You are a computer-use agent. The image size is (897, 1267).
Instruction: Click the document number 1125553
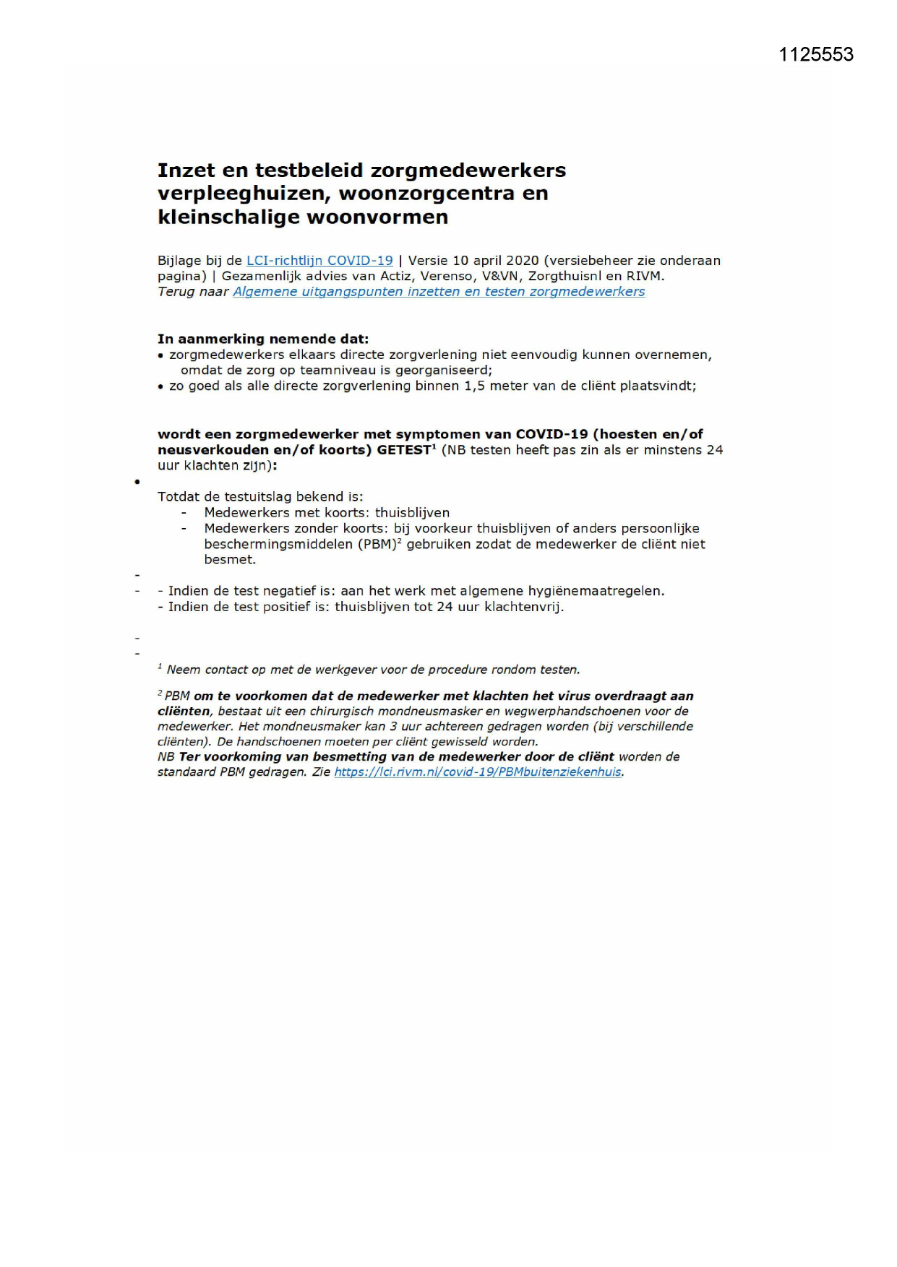[x=816, y=55]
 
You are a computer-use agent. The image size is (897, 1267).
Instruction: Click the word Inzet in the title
[x=186, y=170]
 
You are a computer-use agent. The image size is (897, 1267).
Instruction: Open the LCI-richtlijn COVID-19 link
[x=319, y=261]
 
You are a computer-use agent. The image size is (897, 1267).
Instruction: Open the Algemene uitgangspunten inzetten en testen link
[x=439, y=292]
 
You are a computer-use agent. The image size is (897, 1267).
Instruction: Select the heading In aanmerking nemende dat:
[x=263, y=339]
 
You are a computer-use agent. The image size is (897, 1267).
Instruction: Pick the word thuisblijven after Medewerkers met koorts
[x=412, y=513]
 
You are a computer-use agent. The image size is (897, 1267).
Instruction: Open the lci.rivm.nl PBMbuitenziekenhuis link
[x=477, y=772]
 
